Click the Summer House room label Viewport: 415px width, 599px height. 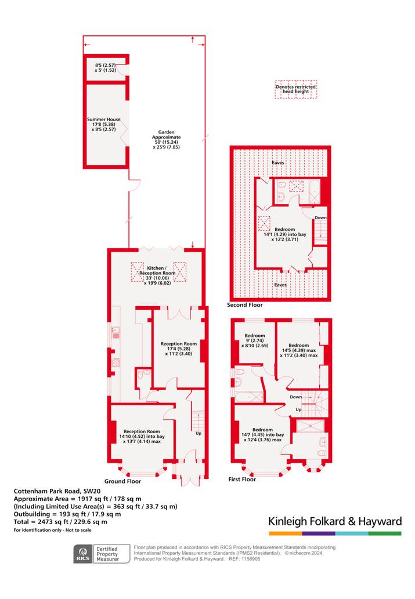coord(104,124)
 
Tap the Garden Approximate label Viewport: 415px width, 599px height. coord(167,139)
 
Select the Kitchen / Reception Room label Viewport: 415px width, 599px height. coord(157,275)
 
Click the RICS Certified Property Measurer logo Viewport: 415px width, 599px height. coord(97,554)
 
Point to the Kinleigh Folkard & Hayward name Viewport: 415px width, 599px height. coord(335,521)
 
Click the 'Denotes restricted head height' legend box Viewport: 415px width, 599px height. coord(295,89)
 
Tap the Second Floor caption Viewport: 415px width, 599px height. coord(245,305)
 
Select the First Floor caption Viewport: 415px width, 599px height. coord(242,479)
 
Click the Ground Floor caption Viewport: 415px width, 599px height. coord(123,481)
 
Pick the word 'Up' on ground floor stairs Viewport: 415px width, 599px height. coord(199,433)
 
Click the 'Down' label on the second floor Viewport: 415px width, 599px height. coord(320,218)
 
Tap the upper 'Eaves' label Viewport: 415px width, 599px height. coord(278,163)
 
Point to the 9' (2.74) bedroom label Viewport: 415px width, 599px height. coord(255,340)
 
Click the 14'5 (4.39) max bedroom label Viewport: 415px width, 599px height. coord(299,350)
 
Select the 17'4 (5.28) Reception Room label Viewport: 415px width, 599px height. coord(179,348)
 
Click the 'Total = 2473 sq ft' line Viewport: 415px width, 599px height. coord(60,522)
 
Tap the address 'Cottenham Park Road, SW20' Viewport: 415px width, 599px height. coord(57,491)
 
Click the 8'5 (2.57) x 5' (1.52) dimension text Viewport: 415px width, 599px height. coord(105,68)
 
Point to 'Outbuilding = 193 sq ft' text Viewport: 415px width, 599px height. coord(67,514)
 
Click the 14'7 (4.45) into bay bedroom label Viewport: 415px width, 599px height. coord(263,435)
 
